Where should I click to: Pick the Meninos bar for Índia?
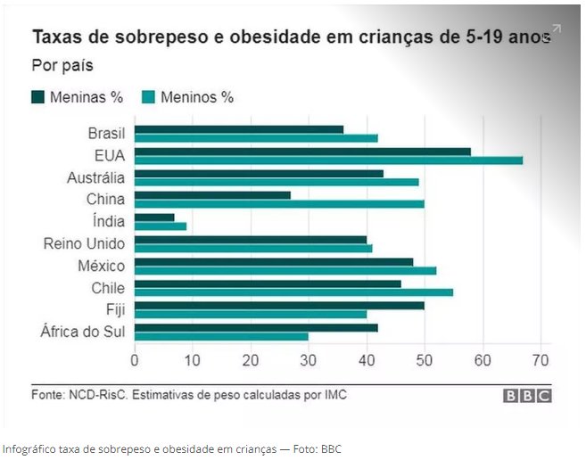161,226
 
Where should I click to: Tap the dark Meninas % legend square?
38,96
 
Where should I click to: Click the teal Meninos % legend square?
149,96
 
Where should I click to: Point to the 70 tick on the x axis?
541,360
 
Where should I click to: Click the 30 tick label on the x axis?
309,360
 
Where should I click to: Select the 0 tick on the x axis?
135,360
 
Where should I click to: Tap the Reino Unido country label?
84,243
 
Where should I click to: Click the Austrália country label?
95,177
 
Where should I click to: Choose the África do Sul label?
82,332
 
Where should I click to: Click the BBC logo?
527,396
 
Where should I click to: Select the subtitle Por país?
62,65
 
